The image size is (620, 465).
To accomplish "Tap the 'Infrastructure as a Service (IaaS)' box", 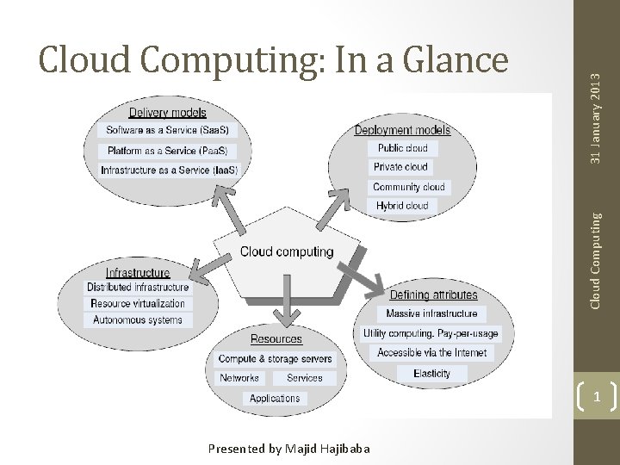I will pos(169,170).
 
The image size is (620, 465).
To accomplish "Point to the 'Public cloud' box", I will pos(402,148).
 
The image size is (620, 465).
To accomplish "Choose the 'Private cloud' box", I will pos(402,167).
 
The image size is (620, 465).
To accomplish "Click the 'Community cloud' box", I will pos(409,187).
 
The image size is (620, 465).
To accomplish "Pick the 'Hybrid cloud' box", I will pos(402,206).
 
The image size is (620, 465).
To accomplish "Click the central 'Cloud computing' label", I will pos(286,252).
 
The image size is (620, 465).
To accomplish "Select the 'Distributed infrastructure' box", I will pos(138,288).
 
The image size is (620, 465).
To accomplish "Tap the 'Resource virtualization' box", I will pos(138,304).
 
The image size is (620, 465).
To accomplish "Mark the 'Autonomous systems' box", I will pos(138,320).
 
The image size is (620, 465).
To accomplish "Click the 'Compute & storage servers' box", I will pos(275,358).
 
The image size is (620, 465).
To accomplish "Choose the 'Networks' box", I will pos(239,378).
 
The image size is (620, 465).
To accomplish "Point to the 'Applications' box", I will pos(275,398).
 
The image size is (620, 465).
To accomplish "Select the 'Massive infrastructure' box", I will pos(431,313).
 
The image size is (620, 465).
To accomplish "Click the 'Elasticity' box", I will pos(431,374).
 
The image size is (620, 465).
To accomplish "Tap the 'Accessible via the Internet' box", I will pos(431,353).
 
